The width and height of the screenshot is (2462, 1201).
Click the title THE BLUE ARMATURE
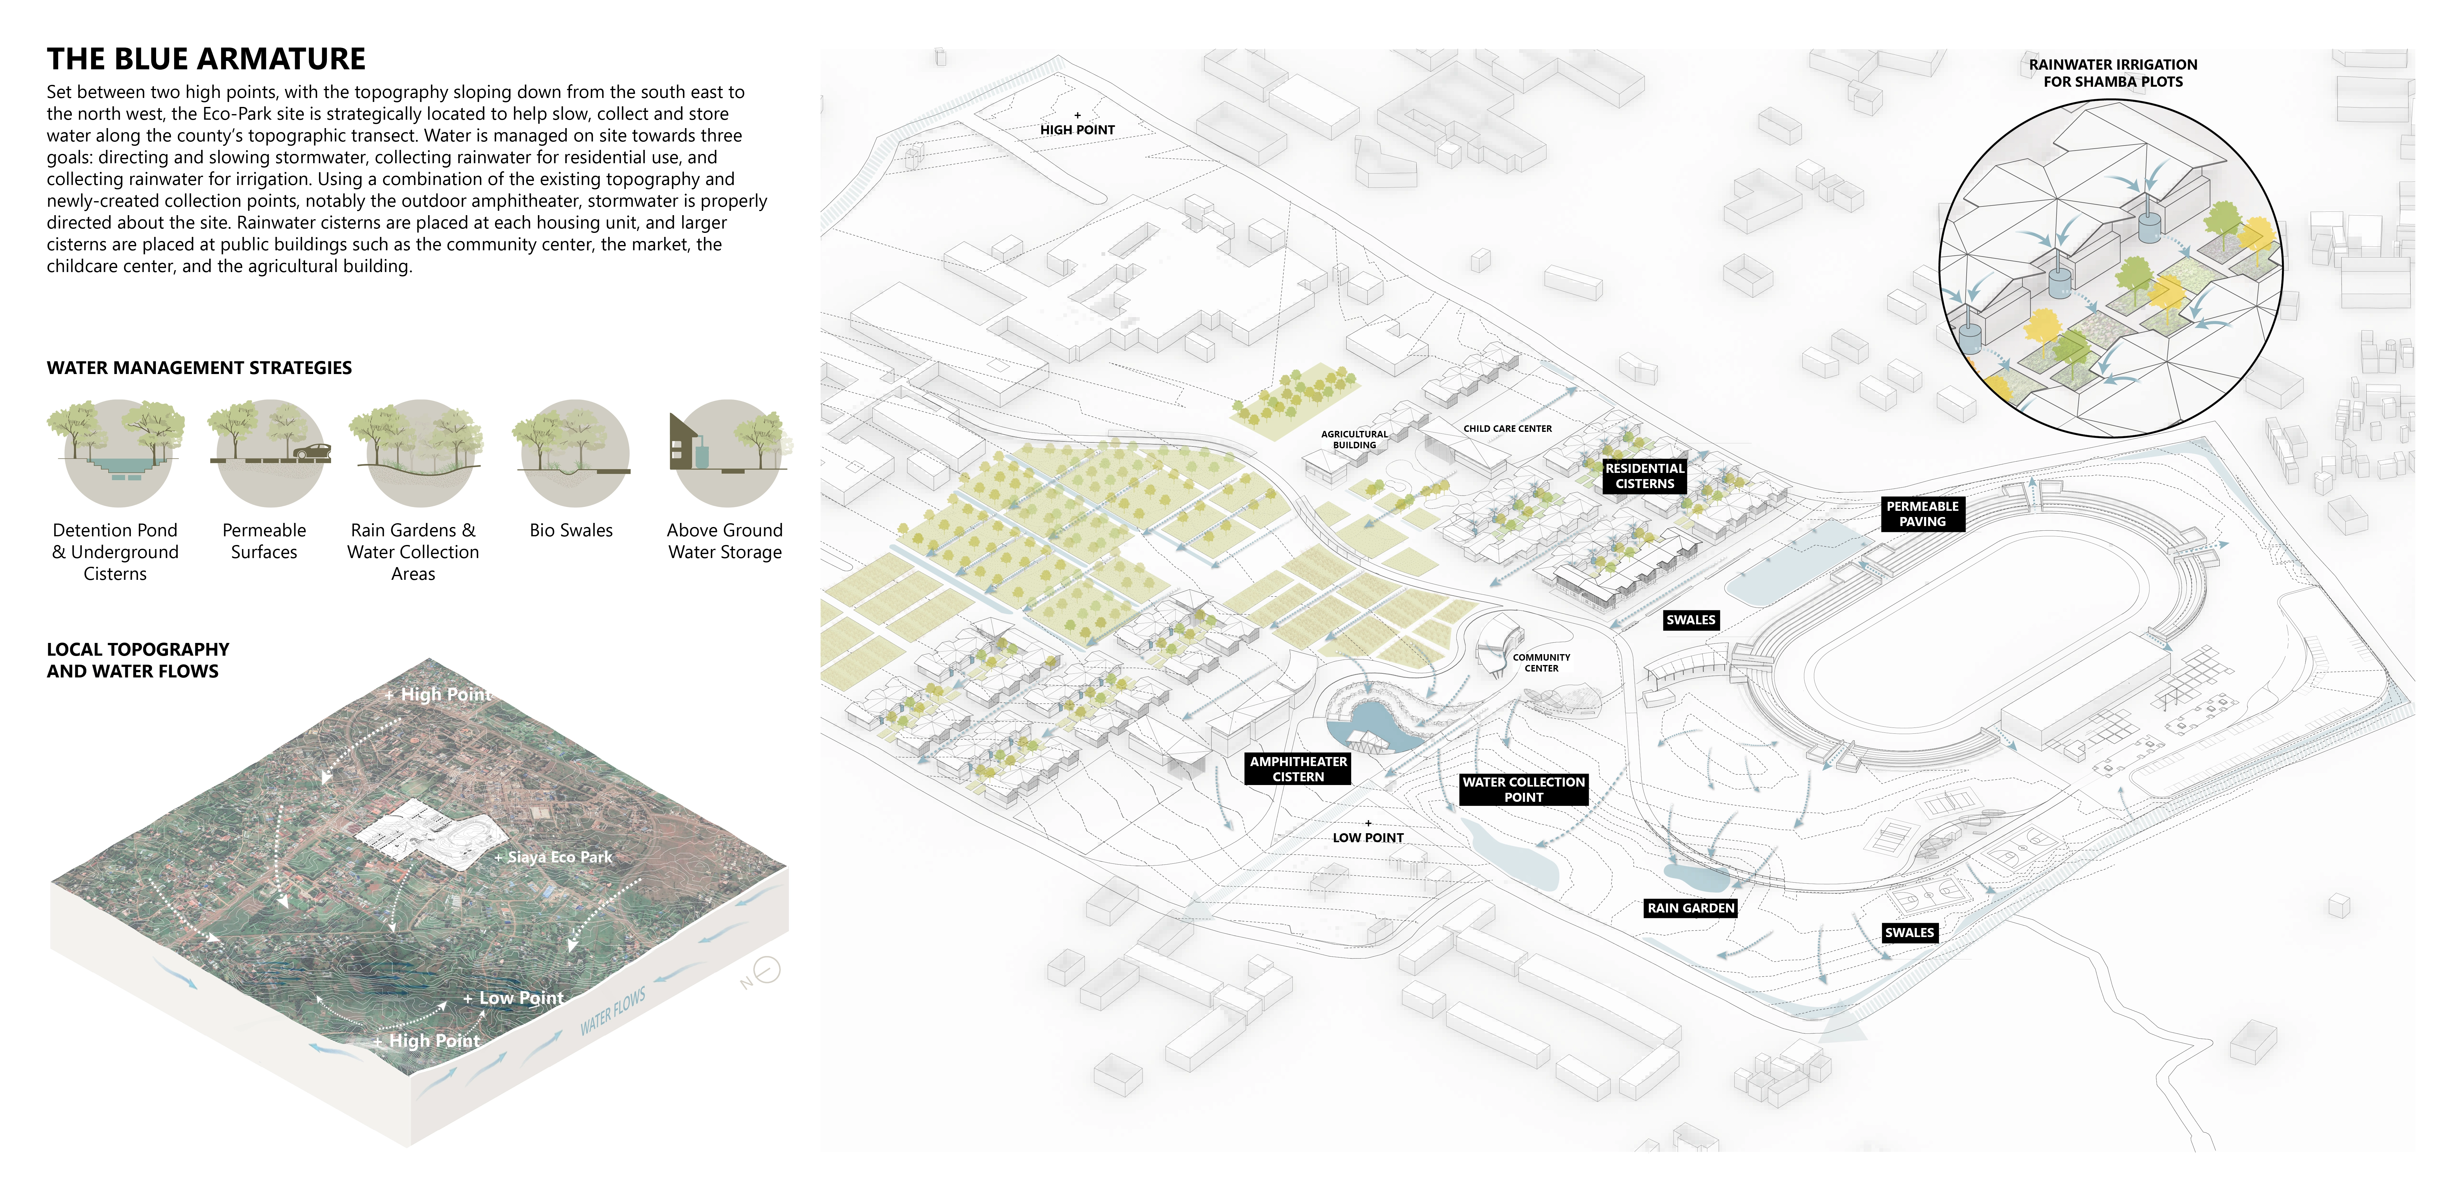click(206, 59)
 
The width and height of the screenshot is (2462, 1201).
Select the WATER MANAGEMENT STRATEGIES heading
click(199, 368)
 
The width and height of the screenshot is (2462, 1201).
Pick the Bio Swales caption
click(571, 530)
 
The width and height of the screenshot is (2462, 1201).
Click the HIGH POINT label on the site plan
click(1077, 130)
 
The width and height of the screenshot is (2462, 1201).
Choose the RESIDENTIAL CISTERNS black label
click(1644, 476)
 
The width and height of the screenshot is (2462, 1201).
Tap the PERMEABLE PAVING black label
click(1922, 514)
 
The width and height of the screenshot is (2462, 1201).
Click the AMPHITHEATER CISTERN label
click(1298, 769)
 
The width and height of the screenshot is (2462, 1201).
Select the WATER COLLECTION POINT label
click(1523, 789)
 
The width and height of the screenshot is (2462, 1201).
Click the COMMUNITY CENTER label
click(1541, 662)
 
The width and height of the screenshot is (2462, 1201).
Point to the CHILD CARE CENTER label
click(1507, 429)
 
